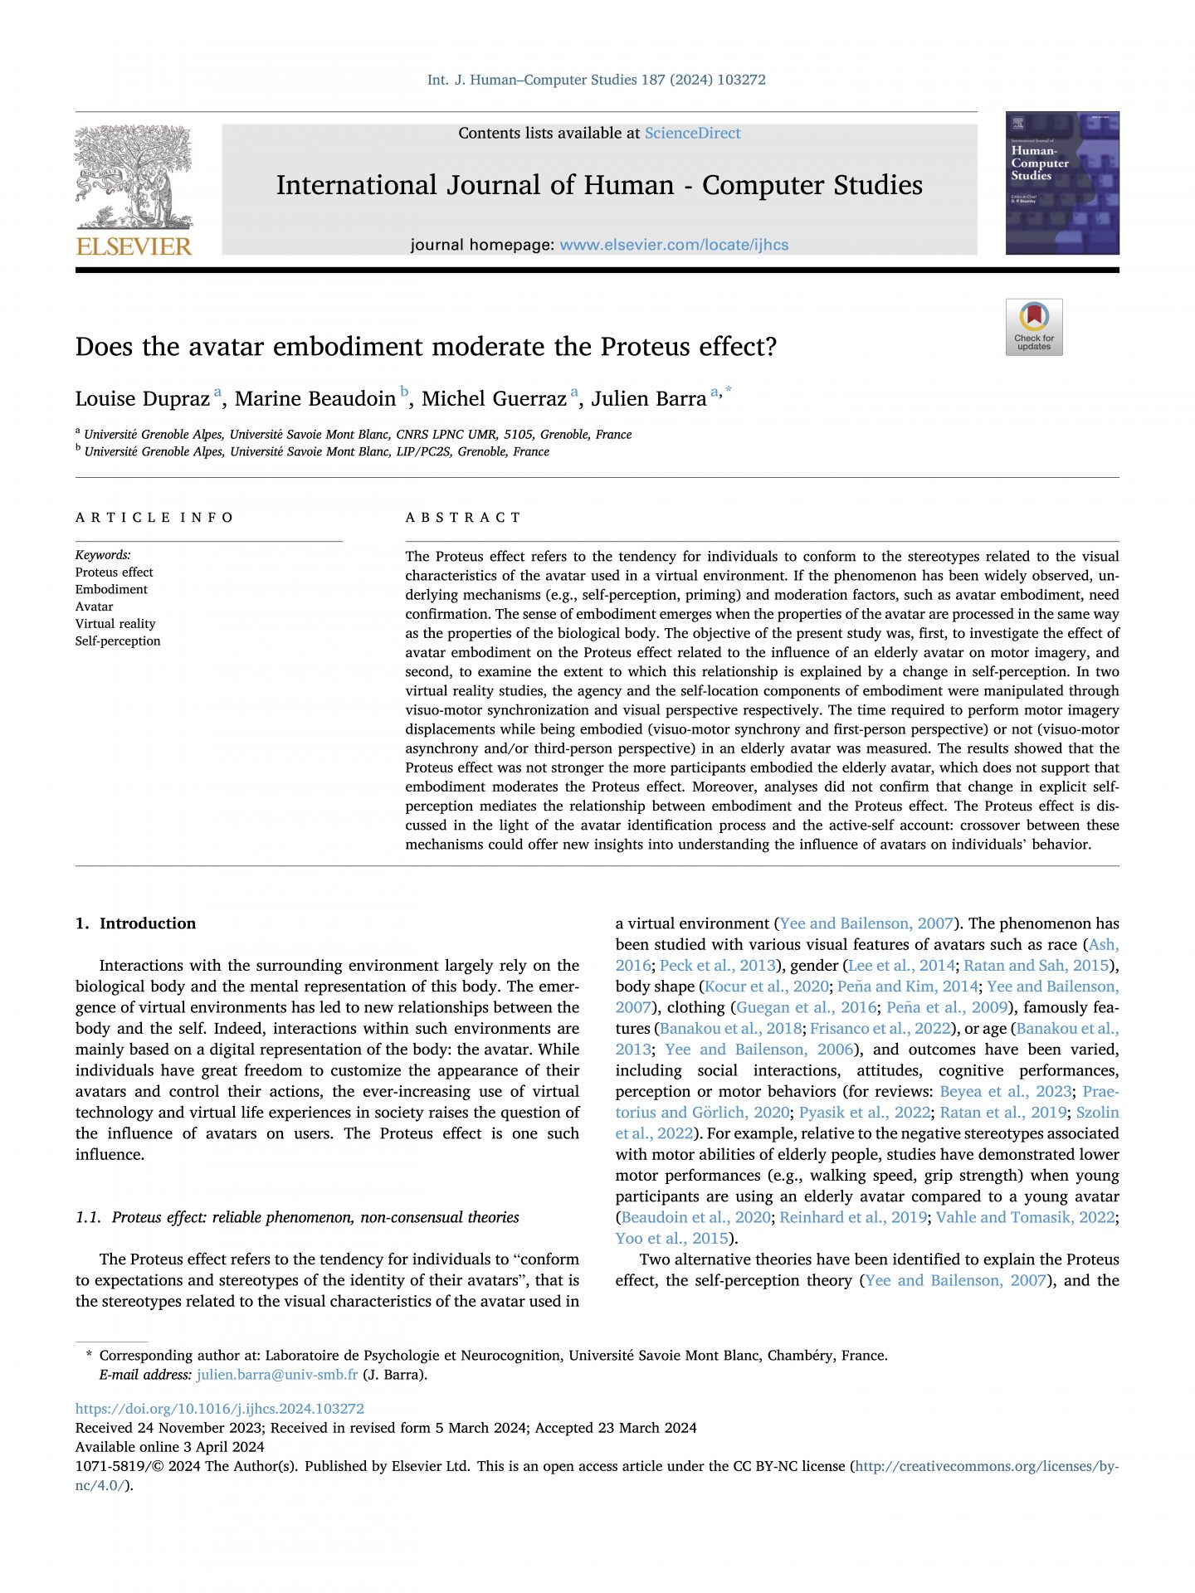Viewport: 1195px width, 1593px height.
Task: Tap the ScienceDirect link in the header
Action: pos(692,133)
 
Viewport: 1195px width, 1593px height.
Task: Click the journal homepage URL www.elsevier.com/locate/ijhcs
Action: pos(674,245)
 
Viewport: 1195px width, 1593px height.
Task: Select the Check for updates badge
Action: pos(1033,327)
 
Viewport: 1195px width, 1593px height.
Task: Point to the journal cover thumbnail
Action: pos(1061,183)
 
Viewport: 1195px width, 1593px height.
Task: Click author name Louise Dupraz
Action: pos(142,399)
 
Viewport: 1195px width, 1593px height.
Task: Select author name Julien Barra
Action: pos(648,399)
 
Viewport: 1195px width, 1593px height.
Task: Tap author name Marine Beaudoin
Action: pos(315,399)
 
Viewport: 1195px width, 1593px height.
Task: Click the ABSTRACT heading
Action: pos(463,518)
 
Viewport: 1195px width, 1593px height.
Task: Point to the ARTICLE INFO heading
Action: pos(154,518)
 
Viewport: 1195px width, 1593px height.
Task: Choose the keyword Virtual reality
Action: pos(115,624)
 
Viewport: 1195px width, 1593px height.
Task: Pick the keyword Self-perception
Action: pos(118,641)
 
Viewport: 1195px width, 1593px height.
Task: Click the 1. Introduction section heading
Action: pos(135,923)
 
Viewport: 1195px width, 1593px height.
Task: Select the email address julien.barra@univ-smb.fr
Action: pos(277,1375)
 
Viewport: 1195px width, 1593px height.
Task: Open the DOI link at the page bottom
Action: pos(219,1409)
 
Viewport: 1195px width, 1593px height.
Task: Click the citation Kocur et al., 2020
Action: pos(766,986)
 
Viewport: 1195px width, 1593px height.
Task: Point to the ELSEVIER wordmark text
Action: pos(134,246)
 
